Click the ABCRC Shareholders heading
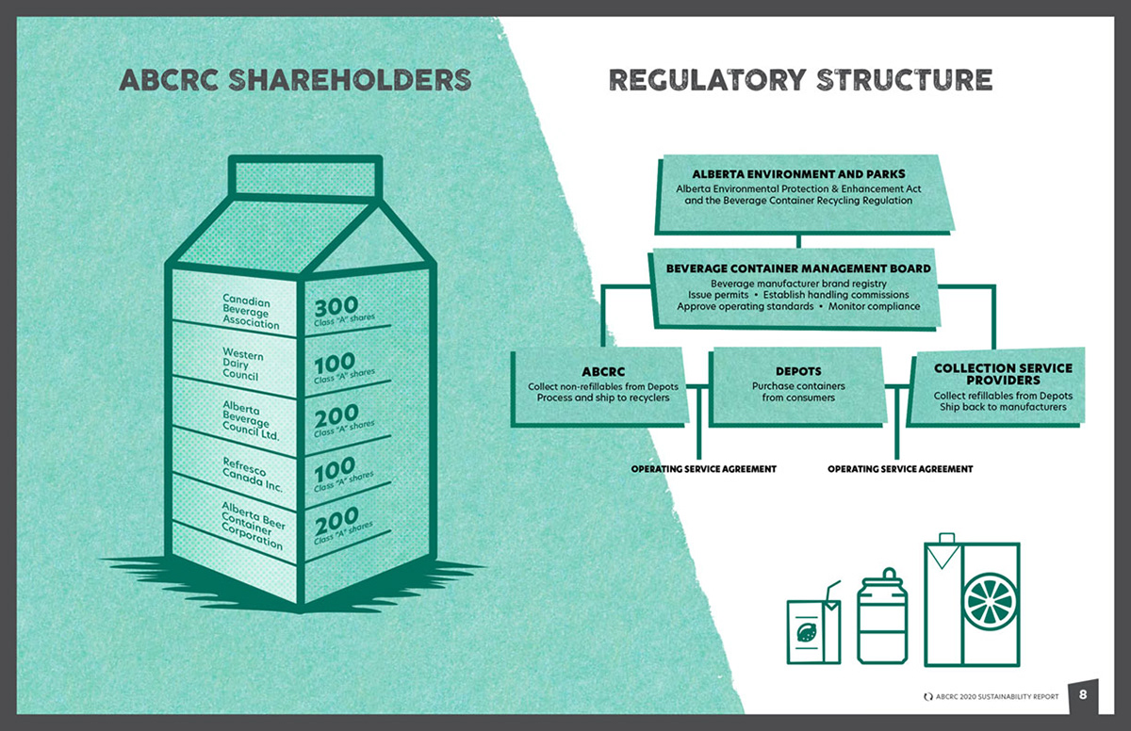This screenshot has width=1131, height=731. coord(295,80)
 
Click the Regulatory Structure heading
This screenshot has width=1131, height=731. coord(800,80)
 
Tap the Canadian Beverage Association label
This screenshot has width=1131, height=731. coord(250,312)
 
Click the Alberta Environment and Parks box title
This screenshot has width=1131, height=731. coord(798,174)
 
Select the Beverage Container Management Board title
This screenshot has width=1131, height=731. coord(798,268)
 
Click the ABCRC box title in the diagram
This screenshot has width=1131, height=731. coord(603,371)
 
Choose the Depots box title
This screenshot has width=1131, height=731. coord(798,371)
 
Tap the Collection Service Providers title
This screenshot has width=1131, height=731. coord(1003,373)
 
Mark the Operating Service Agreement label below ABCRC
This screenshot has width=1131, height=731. coord(703,469)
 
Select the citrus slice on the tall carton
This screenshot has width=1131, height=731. coord(990,599)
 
